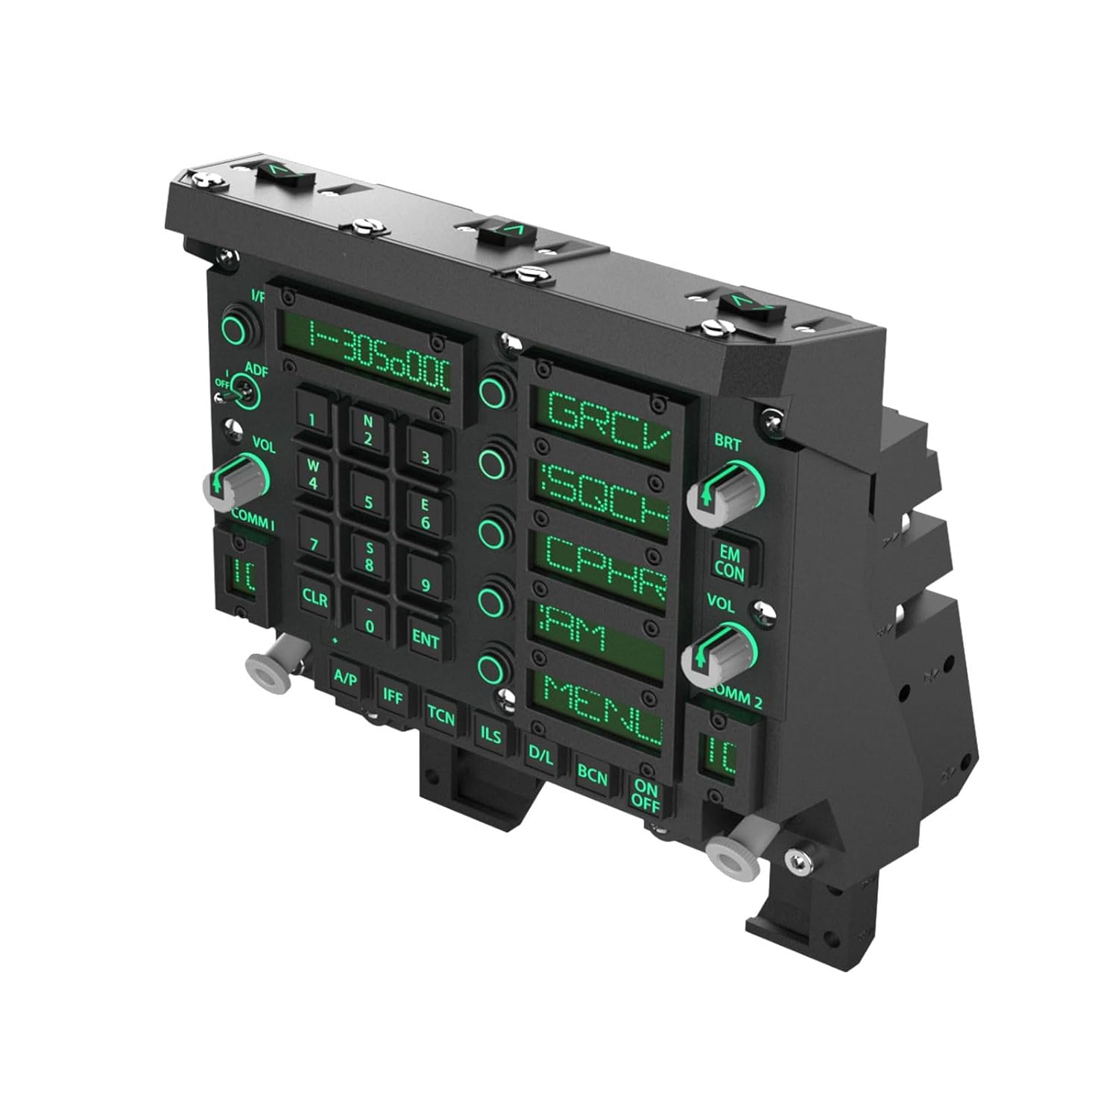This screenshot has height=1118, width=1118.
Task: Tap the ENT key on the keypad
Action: tap(426, 639)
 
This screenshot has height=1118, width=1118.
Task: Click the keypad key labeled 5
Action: tap(368, 501)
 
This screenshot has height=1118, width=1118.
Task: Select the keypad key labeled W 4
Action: tap(313, 475)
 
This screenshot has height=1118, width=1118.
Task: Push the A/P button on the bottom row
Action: tap(345, 678)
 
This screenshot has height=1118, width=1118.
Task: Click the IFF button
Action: tap(393, 695)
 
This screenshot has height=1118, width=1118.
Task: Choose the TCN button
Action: tap(440, 716)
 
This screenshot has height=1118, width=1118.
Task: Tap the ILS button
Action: tap(490, 734)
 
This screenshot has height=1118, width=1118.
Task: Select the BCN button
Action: tap(593, 776)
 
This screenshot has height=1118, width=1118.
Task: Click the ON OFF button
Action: tap(645, 795)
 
